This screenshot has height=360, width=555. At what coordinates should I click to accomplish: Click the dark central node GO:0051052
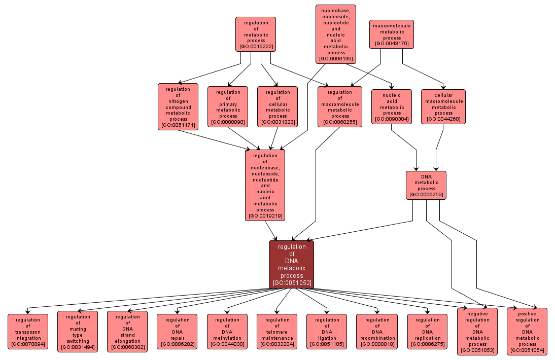pyautogui.click(x=291, y=264)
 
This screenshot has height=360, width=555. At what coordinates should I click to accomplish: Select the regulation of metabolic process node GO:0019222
pyautogui.click(x=256, y=34)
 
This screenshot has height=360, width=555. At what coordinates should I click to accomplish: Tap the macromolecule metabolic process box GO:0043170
pyautogui.click(x=392, y=34)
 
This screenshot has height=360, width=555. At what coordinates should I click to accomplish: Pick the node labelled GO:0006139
pyautogui.click(x=336, y=34)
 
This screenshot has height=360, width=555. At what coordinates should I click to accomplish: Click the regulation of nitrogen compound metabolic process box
pyautogui.click(x=178, y=106)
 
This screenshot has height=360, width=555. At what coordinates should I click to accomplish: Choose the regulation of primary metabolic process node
pyautogui.click(x=228, y=106)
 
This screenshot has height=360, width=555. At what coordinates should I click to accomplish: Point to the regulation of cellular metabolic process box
pyautogui.click(x=277, y=106)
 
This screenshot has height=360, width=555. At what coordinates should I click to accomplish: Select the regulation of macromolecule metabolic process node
pyautogui.click(x=340, y=106)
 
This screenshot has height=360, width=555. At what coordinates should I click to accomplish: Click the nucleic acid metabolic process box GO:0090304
pyautogui.click(x=392, y=106)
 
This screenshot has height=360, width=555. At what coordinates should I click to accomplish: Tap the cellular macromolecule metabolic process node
pyautogui.click(x=443, y=106)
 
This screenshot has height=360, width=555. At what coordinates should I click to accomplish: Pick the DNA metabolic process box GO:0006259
pyautogui.click(x=426, y=185)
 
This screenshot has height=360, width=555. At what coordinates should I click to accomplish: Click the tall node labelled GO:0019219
pyautogui.click(x=265, y=185)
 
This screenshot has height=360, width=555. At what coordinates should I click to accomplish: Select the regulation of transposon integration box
pyautogui.click(x=28, y=332)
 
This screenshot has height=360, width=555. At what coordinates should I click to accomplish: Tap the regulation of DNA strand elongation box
pyautogui.click(x=127, y=331)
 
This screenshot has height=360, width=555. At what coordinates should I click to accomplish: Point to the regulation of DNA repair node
pyautogui.click(x=177, y=332)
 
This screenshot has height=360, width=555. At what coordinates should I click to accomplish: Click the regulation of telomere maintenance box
pyautogui.click(x=276, y=332)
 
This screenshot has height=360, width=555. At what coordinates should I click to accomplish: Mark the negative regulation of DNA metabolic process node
pyautogui.click(x=477, y=331)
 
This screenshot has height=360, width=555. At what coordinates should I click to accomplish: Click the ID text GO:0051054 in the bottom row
pyautogui.click(x=527, y=350)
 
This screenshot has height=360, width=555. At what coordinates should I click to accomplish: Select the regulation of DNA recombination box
pyautogui.click(x=376, y=332)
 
